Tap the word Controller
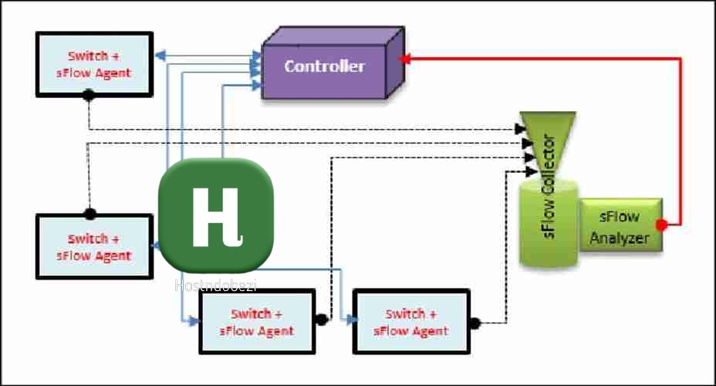324,66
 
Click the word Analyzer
620,238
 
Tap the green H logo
215,216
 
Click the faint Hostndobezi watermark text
215,286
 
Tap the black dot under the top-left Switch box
89,94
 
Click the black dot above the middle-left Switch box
90,213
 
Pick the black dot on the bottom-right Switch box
474,323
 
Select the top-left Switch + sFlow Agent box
94,64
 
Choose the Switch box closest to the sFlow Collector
410,322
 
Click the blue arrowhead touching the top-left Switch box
159,56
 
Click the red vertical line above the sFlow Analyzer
681,139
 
